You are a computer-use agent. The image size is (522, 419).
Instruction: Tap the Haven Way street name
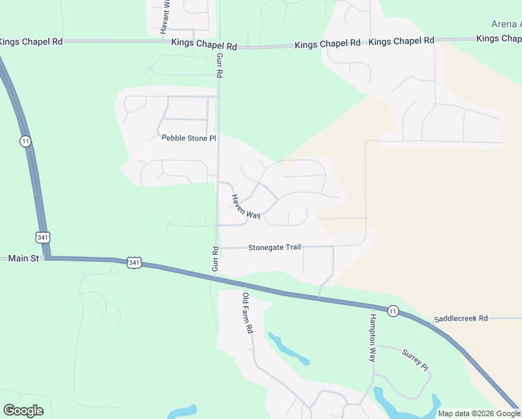245,207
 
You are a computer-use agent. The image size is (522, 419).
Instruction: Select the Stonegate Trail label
274,247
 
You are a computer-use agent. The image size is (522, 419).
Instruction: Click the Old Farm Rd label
246,311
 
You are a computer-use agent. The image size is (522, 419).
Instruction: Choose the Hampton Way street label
372,336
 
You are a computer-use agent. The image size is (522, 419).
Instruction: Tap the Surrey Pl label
414,360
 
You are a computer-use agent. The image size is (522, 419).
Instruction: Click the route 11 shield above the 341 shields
25,141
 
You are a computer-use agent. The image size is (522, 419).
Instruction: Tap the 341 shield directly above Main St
43,237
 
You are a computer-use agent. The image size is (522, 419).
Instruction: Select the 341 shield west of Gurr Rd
134,263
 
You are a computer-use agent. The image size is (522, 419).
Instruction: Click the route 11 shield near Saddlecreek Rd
393,311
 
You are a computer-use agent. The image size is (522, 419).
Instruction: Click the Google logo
23,411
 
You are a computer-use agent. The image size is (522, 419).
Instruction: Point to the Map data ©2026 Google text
479,413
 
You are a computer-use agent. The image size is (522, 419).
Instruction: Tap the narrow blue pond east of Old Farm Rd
288,348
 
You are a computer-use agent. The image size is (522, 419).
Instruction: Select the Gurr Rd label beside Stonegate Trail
216,258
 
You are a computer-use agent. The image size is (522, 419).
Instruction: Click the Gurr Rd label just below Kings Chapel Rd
219,64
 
